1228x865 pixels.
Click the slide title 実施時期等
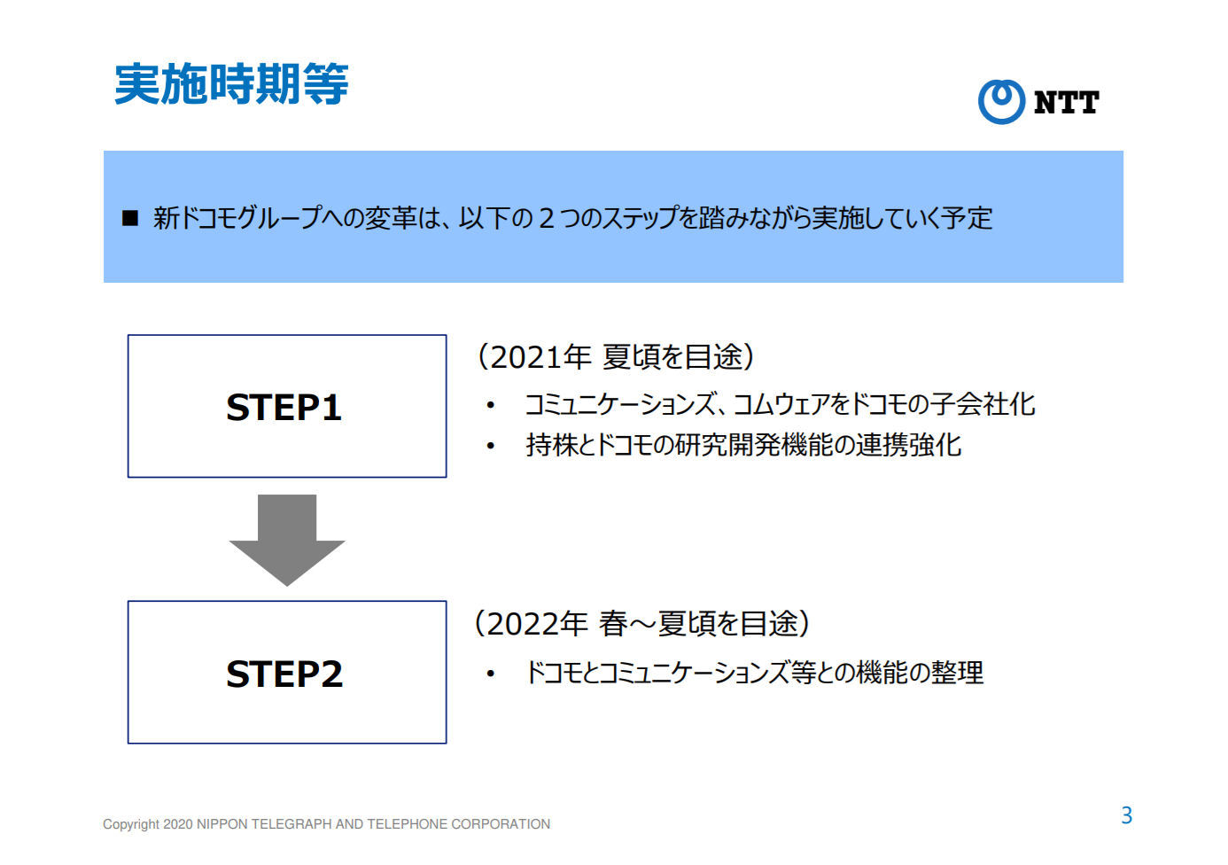pos(231,84)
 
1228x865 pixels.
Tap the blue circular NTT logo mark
pos(1001,101)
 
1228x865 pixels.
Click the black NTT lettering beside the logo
pos(1066,103)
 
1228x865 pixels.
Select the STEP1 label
pos(284,408)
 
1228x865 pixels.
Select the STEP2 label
pos(284,674)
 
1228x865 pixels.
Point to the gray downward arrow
pos(287,541)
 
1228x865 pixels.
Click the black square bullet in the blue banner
pos(130,218)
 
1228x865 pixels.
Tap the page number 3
pos(1127,815)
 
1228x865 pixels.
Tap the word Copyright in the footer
pos(131,824)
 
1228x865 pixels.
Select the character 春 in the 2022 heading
pos(613,624)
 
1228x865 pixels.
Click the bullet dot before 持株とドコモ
pos(490,446)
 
